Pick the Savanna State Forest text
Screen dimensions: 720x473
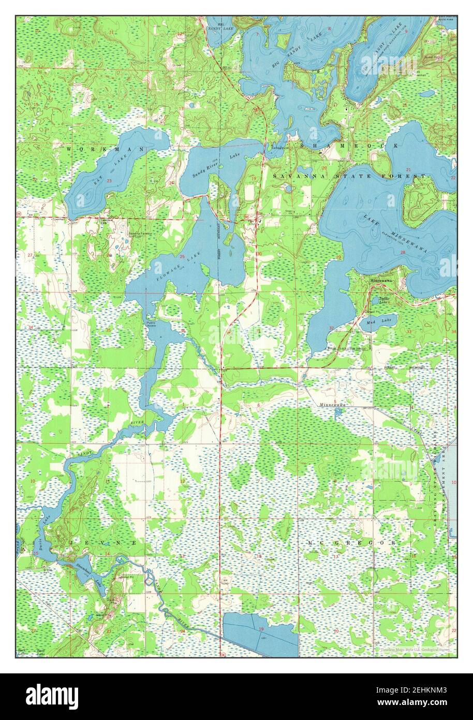(350, 177)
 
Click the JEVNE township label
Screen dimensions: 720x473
(103, 542)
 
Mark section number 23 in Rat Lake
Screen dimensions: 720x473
(109, 180)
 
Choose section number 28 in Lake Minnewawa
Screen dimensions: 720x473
(403, 252)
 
